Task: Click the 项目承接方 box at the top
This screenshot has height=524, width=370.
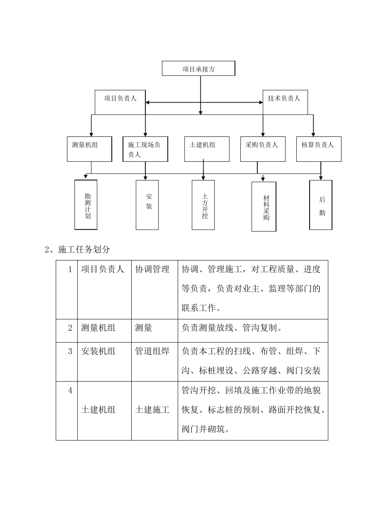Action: tap(199, 69)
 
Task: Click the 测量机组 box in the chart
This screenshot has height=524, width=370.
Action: tap(90, 149)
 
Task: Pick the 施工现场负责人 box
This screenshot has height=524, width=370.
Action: tap(145, 149)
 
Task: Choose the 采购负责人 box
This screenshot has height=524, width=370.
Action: tap(263, 149)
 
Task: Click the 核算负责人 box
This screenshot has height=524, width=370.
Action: tap(319, 149)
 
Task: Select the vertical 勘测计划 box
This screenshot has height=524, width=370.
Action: tap(86, 205)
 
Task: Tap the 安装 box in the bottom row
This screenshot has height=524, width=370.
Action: tap(147, 205)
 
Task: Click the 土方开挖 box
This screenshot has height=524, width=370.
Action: tap(203, 205)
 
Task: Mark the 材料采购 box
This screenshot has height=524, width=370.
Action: tap(264, 206)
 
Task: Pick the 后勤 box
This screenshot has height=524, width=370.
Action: tap(321, 205)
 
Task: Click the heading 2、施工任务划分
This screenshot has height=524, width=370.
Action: tap(78, 250)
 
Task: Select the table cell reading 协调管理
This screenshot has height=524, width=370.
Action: tap(152, 269)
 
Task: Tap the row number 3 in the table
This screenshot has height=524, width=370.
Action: tap(70, 351)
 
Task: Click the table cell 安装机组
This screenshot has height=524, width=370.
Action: tap(98, 351)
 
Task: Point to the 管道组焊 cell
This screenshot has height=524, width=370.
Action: tap(152, 351)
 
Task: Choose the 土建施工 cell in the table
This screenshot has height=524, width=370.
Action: tap(152, 410)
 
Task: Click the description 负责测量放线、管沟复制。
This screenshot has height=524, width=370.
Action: tap(231, 327)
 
